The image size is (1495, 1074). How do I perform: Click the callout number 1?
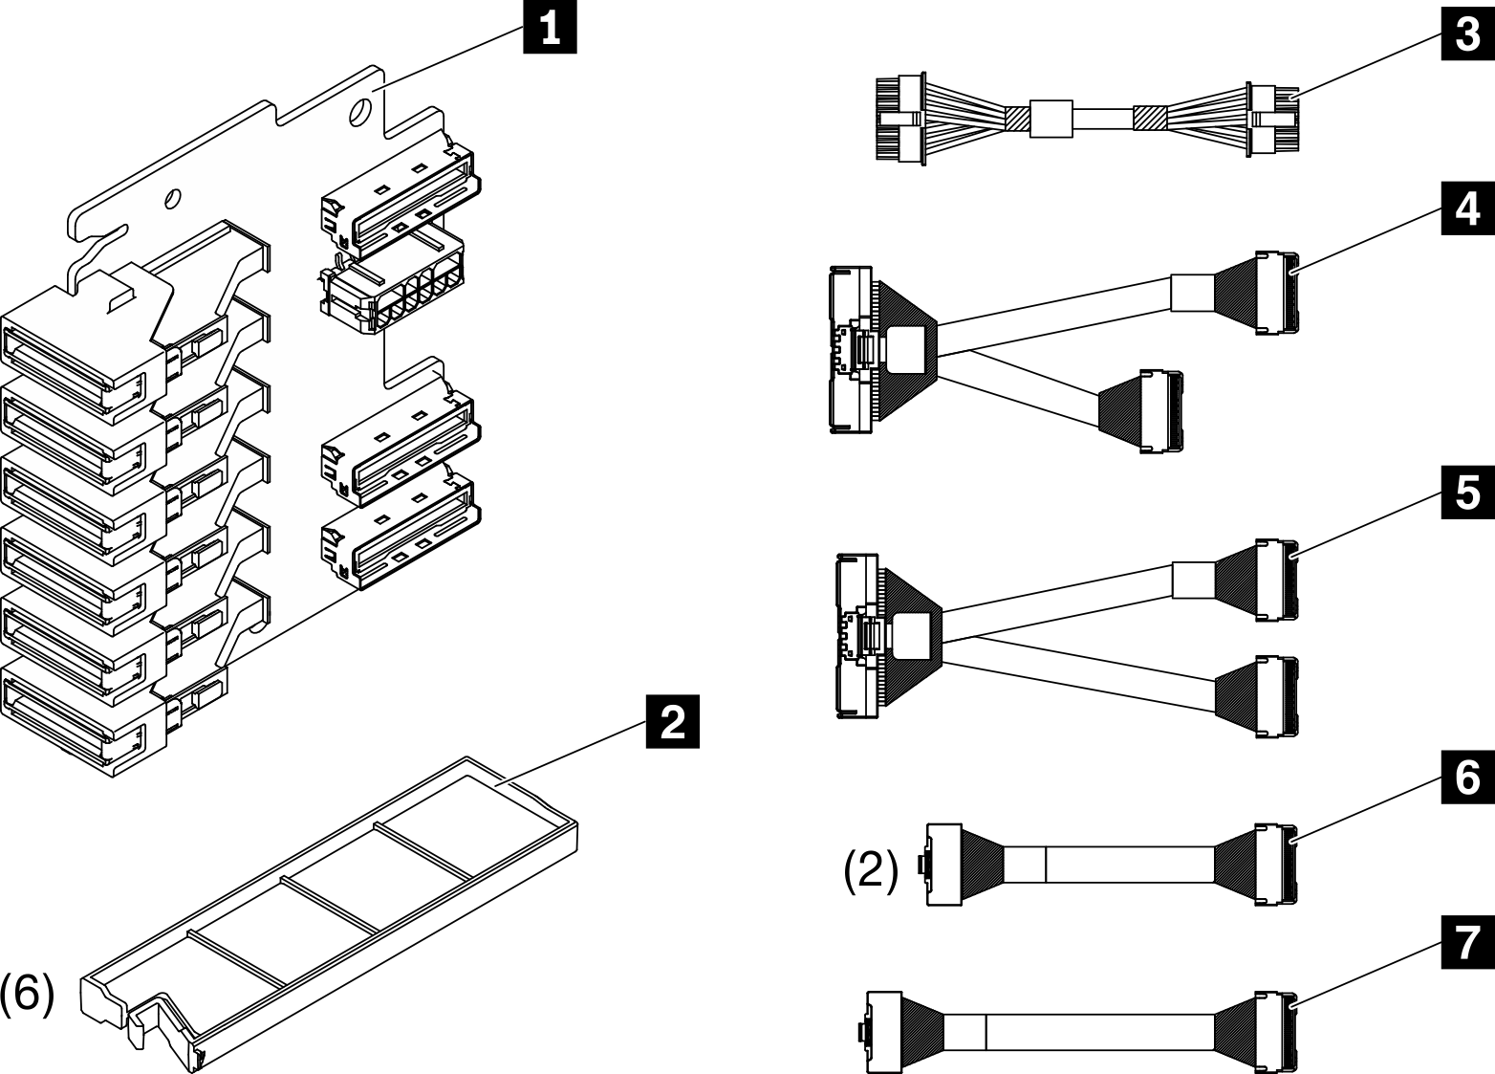(x=550, y=28)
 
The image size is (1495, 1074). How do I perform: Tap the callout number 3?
(x=1467, y=35)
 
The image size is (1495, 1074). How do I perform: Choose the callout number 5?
(x=1467, y=493)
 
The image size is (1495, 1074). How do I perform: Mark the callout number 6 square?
(x=1467, y=778)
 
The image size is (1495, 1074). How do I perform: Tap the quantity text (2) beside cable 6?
(x=870, y=871)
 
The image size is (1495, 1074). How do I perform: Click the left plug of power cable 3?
(x=899, y=120)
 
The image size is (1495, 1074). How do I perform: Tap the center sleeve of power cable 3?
(x=1051, y=119)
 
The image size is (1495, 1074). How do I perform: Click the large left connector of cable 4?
(x=851, y=349)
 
